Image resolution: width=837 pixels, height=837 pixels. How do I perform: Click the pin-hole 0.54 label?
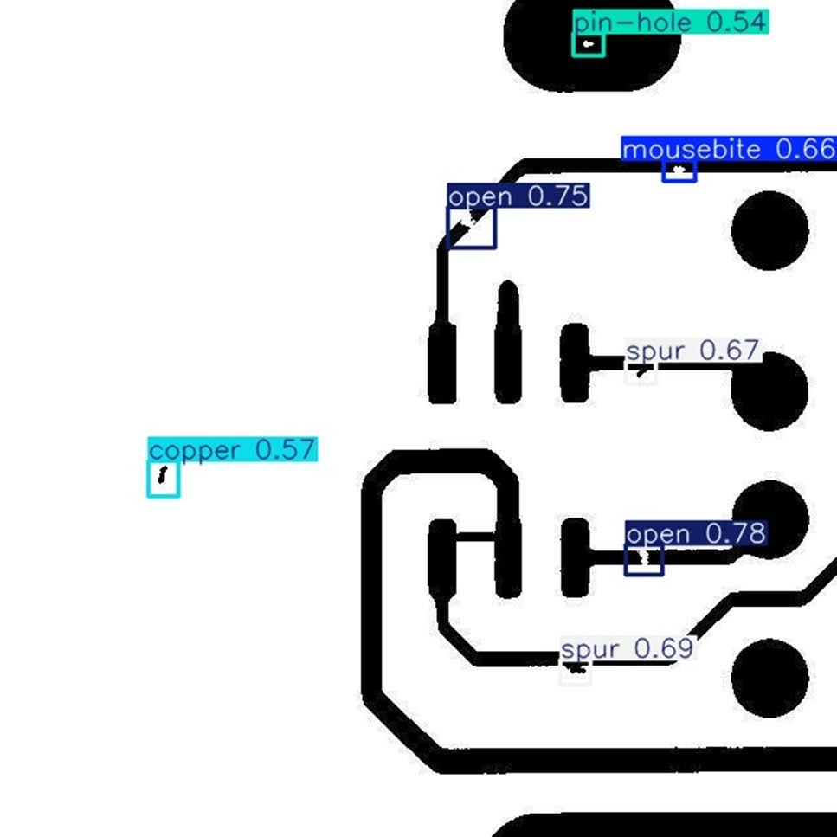click(x=671, y=23)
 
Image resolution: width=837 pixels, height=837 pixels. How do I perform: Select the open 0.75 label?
click(x=518, y=196)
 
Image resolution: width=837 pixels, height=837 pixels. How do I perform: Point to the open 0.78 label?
click(x=696, y=534)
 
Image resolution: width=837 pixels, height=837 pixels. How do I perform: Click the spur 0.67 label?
click(x=692, y=351)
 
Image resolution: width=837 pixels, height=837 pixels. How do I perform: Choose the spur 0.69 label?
click(x=628, y=648)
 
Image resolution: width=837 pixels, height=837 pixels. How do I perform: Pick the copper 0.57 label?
click(x=233, y=450)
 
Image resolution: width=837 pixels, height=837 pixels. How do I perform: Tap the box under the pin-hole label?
click(x=589, y=45)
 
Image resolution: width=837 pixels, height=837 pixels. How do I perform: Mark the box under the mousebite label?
click(x=679, y=171)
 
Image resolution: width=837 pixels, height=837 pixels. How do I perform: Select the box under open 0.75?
click(x=472, y=229)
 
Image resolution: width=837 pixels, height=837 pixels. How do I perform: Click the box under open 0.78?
click(x=644, y=561)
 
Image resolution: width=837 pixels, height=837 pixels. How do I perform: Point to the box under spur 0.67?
click(x=641, y=373)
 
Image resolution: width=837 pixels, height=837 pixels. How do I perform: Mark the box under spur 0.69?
click(x=576, y=672)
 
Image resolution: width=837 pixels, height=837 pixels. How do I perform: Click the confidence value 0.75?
click(x=557, y=196)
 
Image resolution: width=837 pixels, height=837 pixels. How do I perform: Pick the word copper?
click(x=195, y=450)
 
